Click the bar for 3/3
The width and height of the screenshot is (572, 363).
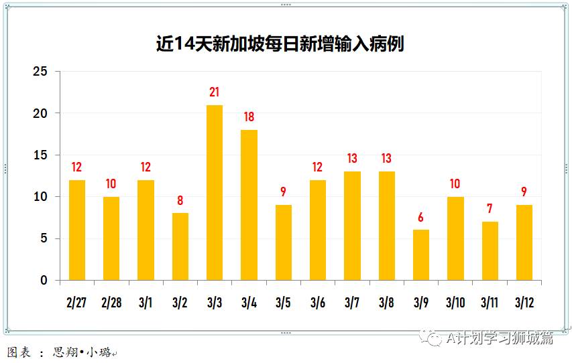click(x=215, y=192)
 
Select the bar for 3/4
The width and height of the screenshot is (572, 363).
click(x=249, y=205)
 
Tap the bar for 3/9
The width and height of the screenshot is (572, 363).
click(x=420, y=255)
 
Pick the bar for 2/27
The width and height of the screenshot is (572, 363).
click(x=77, y=230)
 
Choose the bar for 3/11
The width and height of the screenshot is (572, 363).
click(x=490, y=250)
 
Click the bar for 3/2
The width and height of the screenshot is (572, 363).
click(x=180, y=246)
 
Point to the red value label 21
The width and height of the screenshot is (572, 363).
click(x=215, y=92)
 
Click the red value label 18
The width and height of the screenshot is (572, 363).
click(x=249, y=117)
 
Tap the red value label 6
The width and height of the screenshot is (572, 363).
click(x=420, y=217)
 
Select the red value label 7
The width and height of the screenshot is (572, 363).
click(x=490, y=209)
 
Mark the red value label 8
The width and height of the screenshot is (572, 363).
click(x=180, y=200)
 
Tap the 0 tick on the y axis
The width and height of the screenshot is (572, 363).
click(x=44, y=280)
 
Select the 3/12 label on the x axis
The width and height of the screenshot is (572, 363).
click(x=524, y=303)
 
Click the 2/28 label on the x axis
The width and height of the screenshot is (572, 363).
click(x=111, y=303)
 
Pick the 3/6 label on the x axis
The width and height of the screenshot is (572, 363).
click(x=318, y=303)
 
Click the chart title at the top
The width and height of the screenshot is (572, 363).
click(x=280, y=44)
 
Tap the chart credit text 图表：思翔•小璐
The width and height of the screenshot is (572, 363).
click(x=60, y=352)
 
